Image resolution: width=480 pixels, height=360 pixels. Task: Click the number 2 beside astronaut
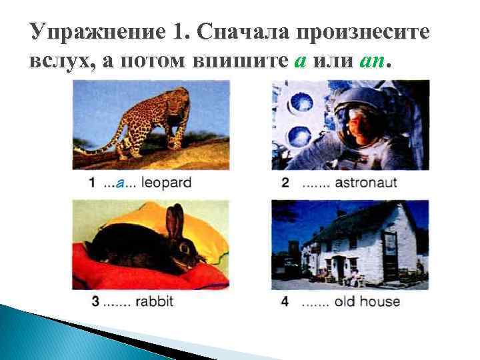pos(285,183)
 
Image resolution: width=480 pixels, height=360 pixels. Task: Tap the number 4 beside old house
pos(285,301)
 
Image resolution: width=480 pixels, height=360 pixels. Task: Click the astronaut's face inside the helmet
pos(359,127)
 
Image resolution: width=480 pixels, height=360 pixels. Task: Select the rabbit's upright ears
pos(175,221)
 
